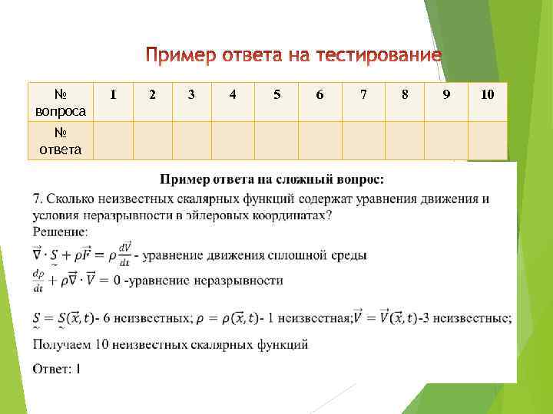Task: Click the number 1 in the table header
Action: tap(114, 94)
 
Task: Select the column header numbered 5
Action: tap(276, 94)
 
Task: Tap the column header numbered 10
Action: tap(488, 94)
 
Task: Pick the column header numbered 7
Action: tap(363, 94)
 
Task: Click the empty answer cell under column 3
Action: tap(191, 140)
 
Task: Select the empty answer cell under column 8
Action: tap(405, 140)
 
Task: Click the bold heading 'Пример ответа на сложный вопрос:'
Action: tap(272, 179)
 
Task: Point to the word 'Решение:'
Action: tap(61, 230)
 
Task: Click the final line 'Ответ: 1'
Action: tap(57, 369)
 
